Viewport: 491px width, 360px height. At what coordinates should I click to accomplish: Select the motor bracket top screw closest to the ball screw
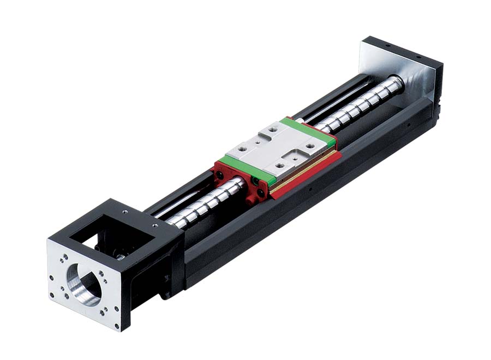pyautogui.click(x=155, y=224)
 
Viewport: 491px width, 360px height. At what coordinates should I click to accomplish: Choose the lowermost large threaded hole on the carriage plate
pyautogui.click(x=280, y=164)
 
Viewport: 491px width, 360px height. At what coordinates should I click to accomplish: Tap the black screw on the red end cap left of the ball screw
pyautogui.click(x=219, y=174)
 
